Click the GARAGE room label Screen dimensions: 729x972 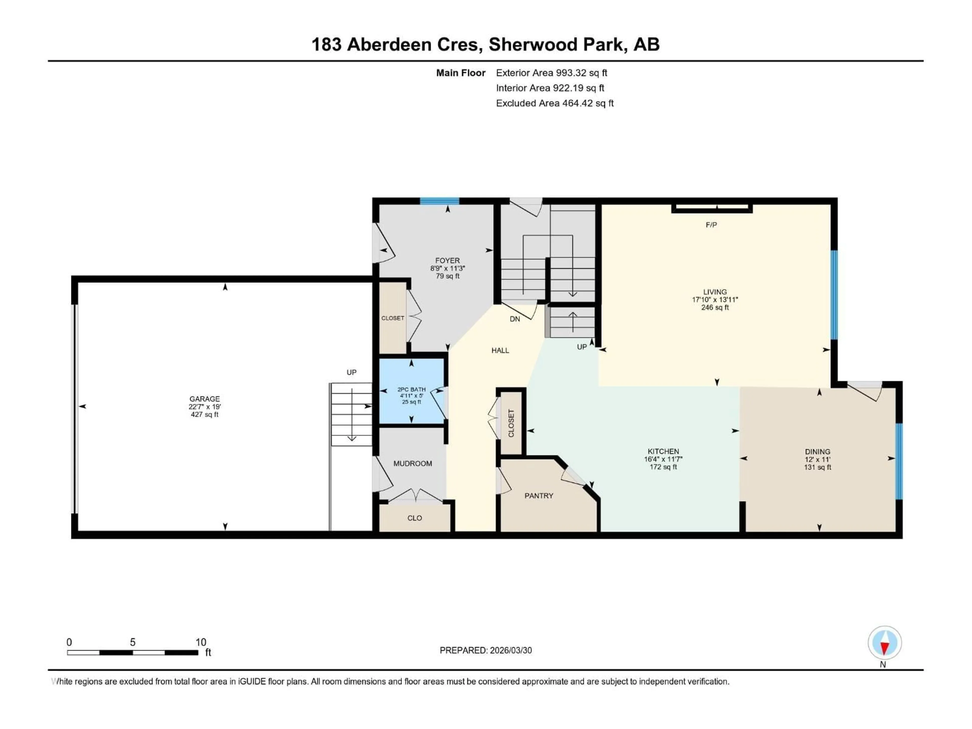coord(204,399)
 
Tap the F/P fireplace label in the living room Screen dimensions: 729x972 coord(711,225)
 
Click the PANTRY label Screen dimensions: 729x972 coord(539,496)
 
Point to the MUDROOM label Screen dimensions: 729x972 coord(412,463)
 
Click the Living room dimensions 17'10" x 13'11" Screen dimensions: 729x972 coord(715,300)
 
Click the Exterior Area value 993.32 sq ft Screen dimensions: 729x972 coord(581,73)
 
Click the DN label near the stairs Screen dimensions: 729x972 coord(515,319)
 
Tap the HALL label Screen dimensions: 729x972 coord(500,350)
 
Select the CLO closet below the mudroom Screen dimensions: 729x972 coord(414,518)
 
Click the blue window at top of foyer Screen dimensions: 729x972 coord(439,201)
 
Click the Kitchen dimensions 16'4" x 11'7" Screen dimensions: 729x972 coord(663,459)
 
